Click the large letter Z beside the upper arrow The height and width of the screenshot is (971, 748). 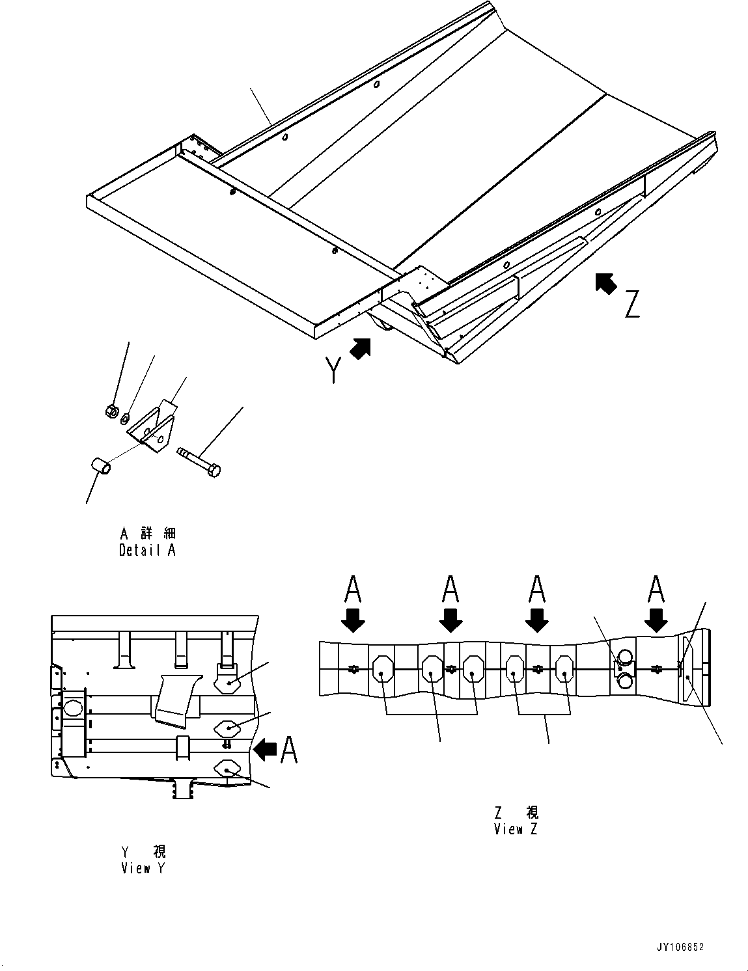[631, 305]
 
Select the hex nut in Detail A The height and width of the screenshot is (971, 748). [111, 411]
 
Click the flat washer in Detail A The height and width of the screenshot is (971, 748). [124, 417]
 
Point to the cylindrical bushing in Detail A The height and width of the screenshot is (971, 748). [99, 467]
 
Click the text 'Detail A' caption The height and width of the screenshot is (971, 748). [147, 550]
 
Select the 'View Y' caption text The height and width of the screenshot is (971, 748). [144, 868]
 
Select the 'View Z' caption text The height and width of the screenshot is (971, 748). [516, 829]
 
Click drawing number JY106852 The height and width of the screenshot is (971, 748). [681, 948]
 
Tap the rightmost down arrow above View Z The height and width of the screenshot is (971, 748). [656, 620]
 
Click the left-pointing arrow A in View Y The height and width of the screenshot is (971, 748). [265, 750]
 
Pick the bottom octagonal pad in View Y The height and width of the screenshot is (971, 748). [227, 770]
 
